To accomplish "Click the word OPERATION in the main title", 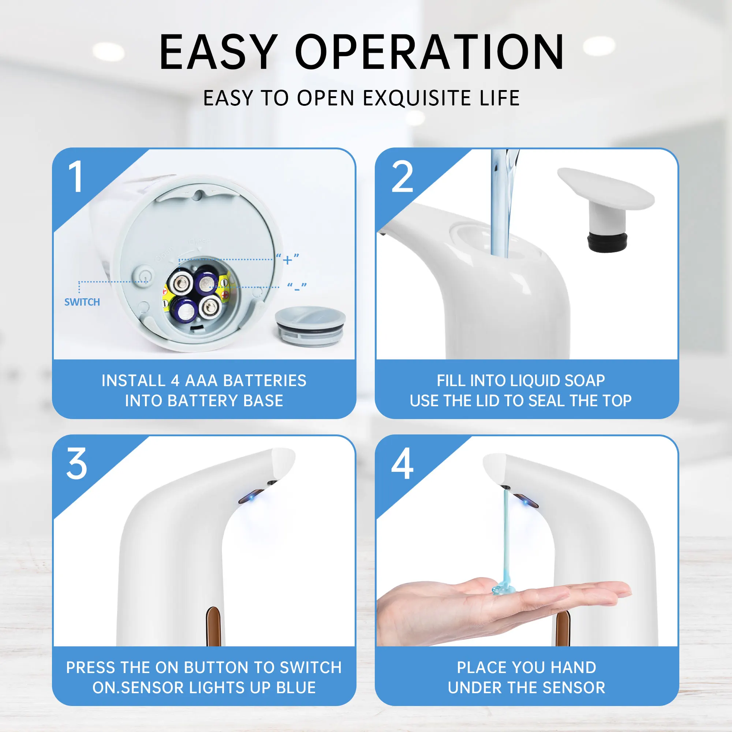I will click(x=430, y=52).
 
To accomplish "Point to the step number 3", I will click(x=76, y=464).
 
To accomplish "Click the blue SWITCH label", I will click(x=82, y=302).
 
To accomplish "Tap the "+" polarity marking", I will click(x=288, y=259).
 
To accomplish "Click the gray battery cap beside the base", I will click(x=310, y=325).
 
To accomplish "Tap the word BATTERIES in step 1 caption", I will click(x=265, y=381).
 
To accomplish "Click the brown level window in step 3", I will click(x=213, y=625).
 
